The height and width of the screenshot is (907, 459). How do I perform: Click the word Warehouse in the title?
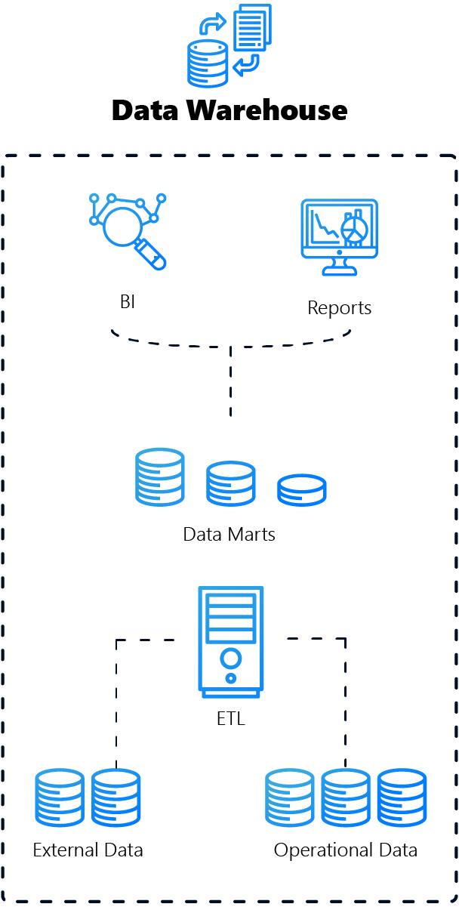pyautogui.click(x=267, y=111)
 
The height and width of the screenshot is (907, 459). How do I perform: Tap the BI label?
pyautogui.click(x=128, y=302)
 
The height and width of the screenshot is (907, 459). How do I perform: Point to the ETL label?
pyautogui.click(x=230, y=718)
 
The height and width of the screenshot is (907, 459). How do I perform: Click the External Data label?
pyautogui.click(x=88, y=850)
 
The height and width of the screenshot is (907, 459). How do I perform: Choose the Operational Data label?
pyautogui.click(x=345, y=850)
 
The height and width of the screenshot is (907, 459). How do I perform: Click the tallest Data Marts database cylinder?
pyautogui.click(x=160, y=477)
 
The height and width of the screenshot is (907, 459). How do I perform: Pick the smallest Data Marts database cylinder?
pyautogui.click(x=301, y=489)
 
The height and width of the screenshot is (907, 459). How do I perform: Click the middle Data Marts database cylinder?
pyautogui.click(x=230, y=483)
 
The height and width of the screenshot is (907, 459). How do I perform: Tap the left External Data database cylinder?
pyautogui.click(x=60, y=797)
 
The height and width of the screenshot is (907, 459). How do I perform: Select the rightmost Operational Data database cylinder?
pyautogui.click(x=402, y=797)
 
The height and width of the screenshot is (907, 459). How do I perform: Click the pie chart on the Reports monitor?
pyautogui.click(x=354, y=231)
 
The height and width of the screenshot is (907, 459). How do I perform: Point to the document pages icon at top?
pyautogui.click(x=252, y=27)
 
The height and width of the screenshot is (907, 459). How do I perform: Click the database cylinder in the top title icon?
pyautogui.click(x=208, y=65)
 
